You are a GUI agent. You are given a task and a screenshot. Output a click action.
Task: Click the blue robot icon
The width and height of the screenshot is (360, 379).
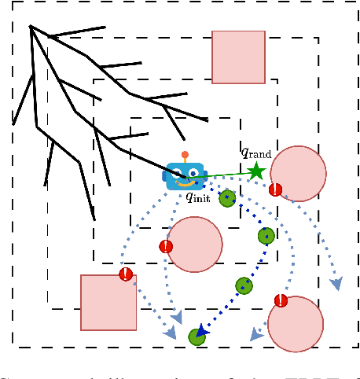pos(185,175)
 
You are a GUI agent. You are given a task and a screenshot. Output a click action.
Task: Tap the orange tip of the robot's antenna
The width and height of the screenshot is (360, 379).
pos(185,155)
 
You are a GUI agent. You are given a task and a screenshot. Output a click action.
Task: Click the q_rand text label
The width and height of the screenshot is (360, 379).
pos(255,153)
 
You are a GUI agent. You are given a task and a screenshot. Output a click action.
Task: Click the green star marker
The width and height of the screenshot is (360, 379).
pos(256,171)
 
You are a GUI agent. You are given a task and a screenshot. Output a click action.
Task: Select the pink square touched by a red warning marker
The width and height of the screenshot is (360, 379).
pos(108,302)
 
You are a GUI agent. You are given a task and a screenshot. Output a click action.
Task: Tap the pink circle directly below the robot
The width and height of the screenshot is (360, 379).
pos(195,244)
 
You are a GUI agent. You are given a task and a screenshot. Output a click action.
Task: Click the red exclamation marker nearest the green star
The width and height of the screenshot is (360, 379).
pos(275,189)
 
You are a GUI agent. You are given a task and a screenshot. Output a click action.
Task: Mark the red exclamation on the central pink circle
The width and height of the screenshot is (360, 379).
pos(166,246)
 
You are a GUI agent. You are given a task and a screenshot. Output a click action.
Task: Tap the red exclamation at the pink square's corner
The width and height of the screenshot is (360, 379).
pos(126,274)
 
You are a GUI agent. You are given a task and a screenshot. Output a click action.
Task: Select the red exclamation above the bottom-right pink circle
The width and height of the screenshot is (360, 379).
pos(281,300)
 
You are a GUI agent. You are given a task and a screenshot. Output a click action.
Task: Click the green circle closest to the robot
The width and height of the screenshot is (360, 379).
pos(227,198)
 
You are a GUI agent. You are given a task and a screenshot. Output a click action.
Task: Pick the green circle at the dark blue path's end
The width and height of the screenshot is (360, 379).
pos(197,337)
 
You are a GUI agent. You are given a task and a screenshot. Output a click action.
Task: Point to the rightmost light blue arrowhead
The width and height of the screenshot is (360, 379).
pos(336,283)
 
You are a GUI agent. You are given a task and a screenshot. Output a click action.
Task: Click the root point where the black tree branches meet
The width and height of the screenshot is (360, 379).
pos(31,27)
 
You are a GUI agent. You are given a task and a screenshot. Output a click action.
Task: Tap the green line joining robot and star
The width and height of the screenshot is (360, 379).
pos(228,174)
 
